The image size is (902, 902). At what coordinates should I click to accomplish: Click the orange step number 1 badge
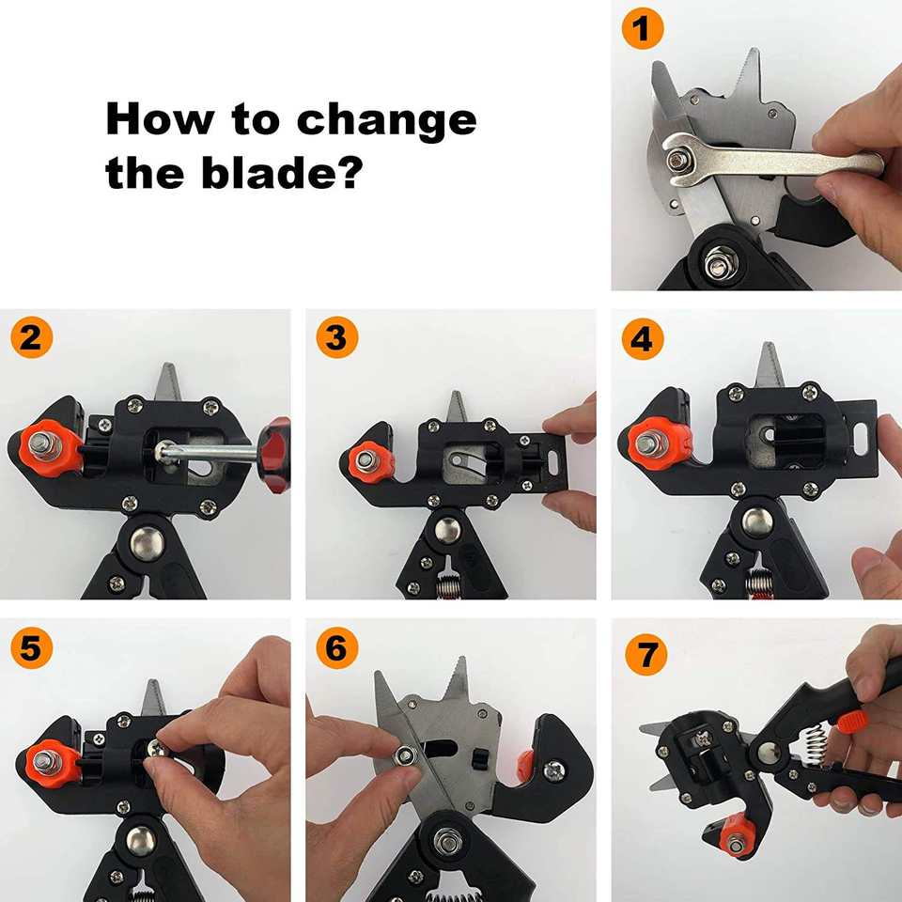[x=643, y=28]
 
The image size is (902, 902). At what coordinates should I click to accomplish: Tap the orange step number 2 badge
[x=32, y=337]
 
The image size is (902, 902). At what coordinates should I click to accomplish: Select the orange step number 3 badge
[x=337, y=337]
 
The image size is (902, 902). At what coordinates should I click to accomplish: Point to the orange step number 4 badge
[x=643, y=339]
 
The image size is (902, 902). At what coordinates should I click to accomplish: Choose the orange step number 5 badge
[x=32, y=647]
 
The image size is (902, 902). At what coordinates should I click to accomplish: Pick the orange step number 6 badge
[x=337, y=647]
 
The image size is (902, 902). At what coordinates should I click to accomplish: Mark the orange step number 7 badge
[x=646, y=654]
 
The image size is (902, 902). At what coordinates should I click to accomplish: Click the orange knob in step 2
[x=48, y=448]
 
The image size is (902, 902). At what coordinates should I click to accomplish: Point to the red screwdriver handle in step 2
[x=275, y=455]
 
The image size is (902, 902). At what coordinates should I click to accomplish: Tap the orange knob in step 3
[x=369, y=460]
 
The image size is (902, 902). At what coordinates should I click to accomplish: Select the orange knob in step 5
[x=48, y=764]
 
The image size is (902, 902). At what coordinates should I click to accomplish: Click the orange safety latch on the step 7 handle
[x=851, y=721]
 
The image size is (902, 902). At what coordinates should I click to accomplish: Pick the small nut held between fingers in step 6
[x=406, y=754]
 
